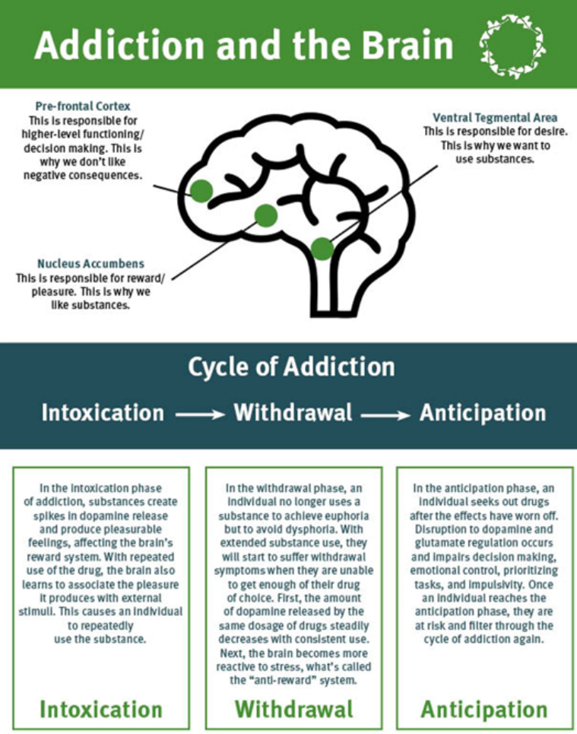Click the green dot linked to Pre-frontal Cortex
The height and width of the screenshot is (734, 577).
(x=201, y=190)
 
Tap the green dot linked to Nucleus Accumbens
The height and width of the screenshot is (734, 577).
(x=265, y=215)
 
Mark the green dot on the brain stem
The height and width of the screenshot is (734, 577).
(x=322, y=248)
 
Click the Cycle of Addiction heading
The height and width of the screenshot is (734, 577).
(x=291, y=367)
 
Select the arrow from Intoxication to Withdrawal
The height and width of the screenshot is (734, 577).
(x=198, y=415)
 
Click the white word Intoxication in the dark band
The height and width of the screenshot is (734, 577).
(x=103, y=413)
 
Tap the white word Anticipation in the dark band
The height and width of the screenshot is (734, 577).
(x=483, y=413)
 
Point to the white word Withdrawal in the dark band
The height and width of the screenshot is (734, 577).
(x=293, y=413)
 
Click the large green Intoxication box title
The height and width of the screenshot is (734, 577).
(x=100, y=709)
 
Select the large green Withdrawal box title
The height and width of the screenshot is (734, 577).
(x=293, y=709)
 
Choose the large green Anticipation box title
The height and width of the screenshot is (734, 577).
(x=484, y=709)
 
